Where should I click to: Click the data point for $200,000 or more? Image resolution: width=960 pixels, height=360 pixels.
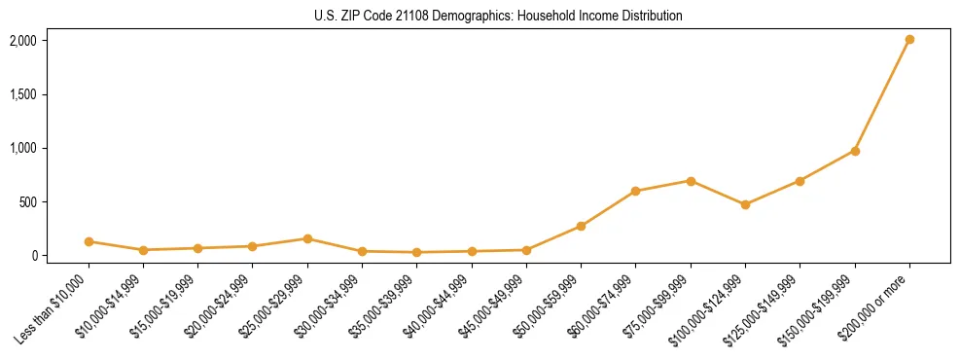click(x=909, y=40)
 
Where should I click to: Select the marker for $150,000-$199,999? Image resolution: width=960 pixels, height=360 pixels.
click(x=855, y=151)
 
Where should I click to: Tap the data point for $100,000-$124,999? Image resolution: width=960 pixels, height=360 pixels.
click(x=745, y=204)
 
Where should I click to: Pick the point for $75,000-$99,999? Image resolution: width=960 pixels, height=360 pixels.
click(x=691, y=181)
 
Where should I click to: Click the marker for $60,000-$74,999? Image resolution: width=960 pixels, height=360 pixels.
click(x=635, y=191)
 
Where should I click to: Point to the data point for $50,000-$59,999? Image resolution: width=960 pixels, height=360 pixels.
click(x=581, y=226)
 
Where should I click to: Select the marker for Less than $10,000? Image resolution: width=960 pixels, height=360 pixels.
click(x=89, y=241)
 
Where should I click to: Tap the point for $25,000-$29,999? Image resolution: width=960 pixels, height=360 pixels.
click(x=307, y=238)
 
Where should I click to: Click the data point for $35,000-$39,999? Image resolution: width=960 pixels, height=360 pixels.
click(x=416, y=252)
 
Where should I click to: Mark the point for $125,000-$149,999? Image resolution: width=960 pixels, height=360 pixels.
click(x=800, y=181)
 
